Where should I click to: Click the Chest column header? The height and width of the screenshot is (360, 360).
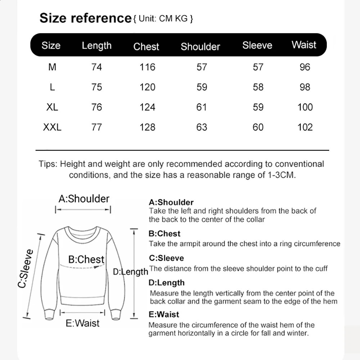point(146,46)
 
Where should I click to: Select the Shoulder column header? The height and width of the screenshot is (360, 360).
point(200,46)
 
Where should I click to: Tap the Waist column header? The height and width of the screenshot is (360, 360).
point(304,45)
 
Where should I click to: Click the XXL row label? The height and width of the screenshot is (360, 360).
point(52,127)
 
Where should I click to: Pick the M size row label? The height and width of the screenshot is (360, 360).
point(52,67)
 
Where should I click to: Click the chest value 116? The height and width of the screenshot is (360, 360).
point(148,67)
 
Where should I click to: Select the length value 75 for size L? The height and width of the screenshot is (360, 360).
point(97,87)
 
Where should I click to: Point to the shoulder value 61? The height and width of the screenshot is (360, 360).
point(202,107)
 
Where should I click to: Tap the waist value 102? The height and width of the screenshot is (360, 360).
point(305,127)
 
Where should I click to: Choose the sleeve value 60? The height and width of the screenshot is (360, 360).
point(258,127)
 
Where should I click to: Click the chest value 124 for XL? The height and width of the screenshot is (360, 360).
point(148,107)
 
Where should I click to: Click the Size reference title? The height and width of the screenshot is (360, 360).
point(85,18)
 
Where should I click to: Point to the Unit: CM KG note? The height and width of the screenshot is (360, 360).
point(163,19)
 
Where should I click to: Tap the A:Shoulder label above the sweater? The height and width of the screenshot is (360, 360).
point(84,199)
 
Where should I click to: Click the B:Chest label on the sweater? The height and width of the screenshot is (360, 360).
point(86,259)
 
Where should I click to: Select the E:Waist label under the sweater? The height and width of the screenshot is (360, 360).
point(82,323)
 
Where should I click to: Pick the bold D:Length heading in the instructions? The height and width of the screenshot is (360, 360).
point(166,283)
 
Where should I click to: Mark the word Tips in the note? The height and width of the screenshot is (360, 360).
point(48,164)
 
